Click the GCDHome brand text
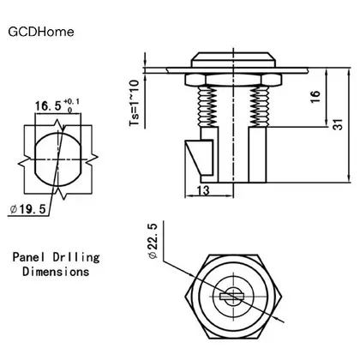[x=41, y=32]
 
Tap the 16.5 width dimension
[x=48, y=106]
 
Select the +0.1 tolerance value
[x=72, y=101]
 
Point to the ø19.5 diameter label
[x=27, y=209]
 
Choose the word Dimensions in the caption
[x=56, y=271]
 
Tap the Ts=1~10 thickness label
[x=135, y=103]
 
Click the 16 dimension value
[x=315, y=97]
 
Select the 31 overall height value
[x=338, y=124]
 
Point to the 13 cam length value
[x=203, y=190]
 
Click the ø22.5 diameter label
[x=153, y=241]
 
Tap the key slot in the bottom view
[x=232, y=297]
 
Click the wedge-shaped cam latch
[x=200, y=158]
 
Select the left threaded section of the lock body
[x=207, y=106]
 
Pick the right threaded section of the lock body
[x=260, y=106]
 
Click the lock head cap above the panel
[x=234, y=60]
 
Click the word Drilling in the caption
[x=76, y=257]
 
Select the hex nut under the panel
[x=234, y=80]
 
